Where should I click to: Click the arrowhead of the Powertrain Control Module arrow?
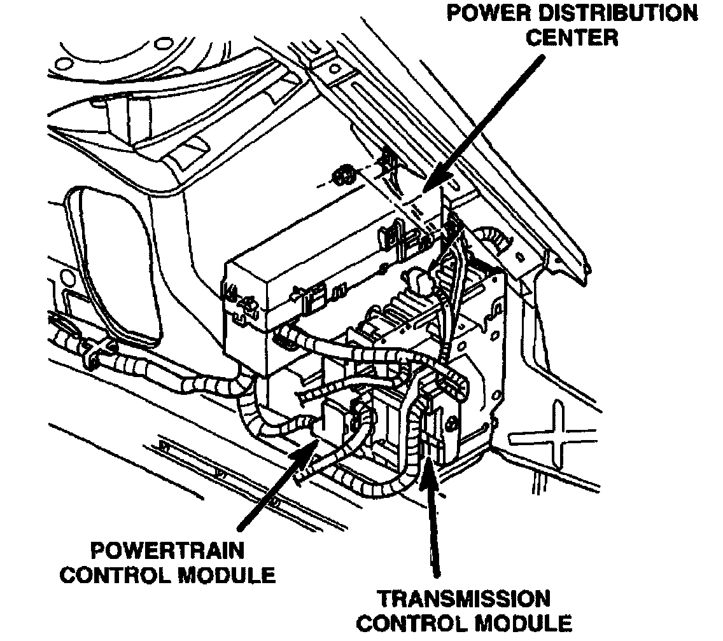pos(312,445)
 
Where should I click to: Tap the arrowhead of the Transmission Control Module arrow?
pos(428,467)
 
